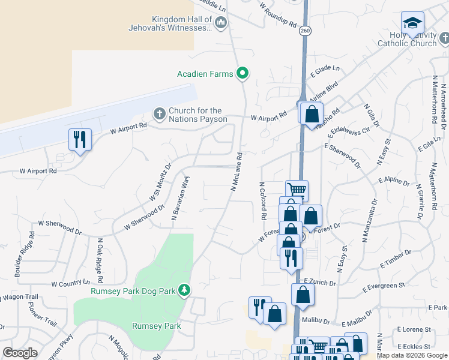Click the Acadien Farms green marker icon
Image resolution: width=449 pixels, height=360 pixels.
243,74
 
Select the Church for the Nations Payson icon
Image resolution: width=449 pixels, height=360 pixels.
159,113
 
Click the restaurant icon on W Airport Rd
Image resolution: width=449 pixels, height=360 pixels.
80,140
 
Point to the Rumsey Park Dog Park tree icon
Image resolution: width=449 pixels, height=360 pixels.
185,290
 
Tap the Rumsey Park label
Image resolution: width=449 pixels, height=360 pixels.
156,326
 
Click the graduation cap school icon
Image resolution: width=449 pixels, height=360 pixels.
412,23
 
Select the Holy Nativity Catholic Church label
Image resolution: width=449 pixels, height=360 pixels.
407,39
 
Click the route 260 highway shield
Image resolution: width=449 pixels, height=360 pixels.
306,31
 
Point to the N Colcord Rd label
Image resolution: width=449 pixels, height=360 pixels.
262,200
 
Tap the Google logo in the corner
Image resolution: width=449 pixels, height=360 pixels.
20,352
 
